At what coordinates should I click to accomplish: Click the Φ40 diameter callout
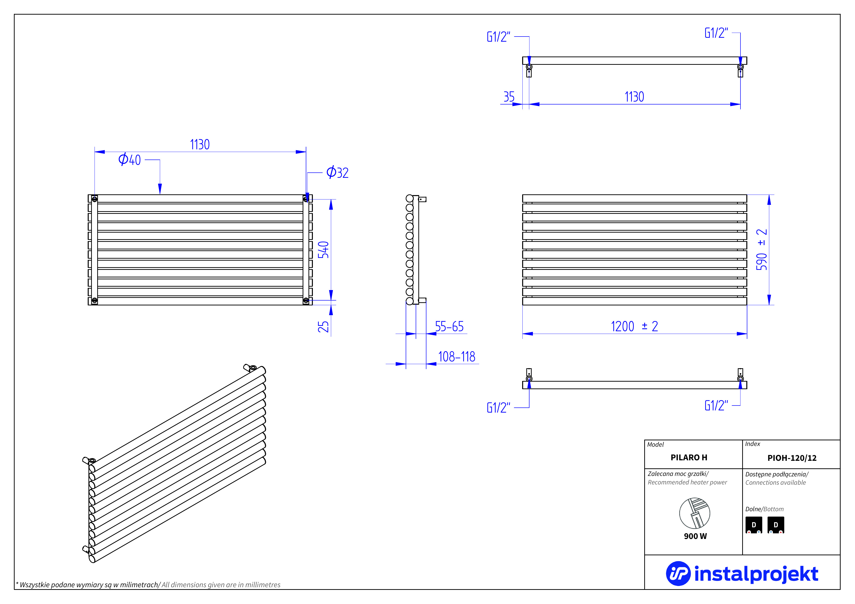(130, 160)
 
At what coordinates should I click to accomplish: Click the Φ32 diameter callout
(337, 173)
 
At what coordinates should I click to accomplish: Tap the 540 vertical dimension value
(323, 250)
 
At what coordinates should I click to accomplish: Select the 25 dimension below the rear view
(323, 327)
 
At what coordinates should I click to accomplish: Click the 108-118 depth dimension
(457, 357)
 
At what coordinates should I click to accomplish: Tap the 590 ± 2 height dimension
(761, 249)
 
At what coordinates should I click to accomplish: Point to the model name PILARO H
(689, 457)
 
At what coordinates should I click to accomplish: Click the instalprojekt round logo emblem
(678, 574)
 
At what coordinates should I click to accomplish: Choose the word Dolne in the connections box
(753, 509)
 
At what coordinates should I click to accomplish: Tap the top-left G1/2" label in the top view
(498, 37)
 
